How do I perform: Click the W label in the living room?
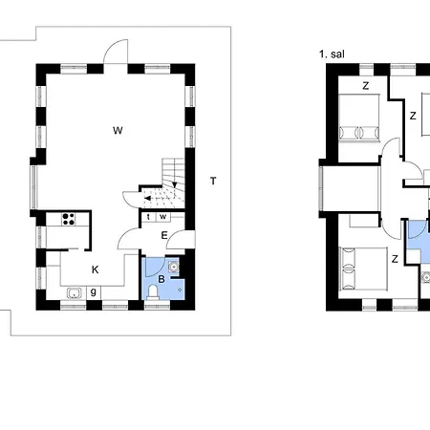pos(118,130)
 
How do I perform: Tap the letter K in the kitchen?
pos(95,269)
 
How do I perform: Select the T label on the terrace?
pos(213,181)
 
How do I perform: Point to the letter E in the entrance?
pos(164,235)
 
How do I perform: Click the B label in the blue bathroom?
pos(161,279)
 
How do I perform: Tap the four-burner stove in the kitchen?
pos(69,219)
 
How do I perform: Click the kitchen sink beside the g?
pos(75,293)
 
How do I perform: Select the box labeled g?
pos(94,292)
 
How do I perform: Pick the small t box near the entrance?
pos(148,217)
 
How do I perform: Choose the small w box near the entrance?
pos(163,217)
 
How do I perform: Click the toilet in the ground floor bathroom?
pos(153,292)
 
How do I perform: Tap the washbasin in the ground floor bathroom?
pos(173,266)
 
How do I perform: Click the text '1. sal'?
pos(332,54)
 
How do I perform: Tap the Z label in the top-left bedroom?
pos(366,86)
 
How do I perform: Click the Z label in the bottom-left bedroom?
pos(395,259)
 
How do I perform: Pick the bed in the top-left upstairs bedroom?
pos(359,118)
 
